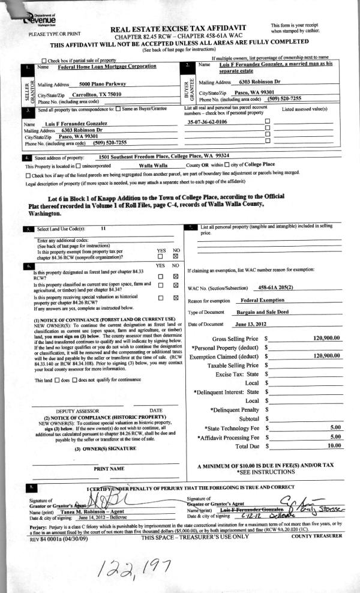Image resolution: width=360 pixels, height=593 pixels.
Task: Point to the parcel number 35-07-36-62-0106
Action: [x=207, y=121]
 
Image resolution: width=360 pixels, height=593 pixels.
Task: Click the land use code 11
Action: [x=103, y=229]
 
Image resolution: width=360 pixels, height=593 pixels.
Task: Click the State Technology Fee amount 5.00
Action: [x=335, y=427]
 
